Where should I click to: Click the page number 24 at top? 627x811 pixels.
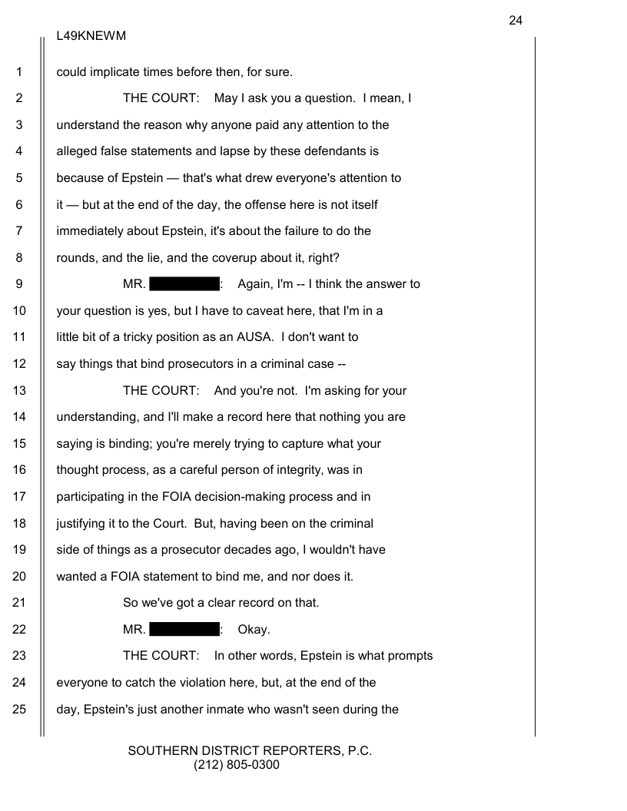[515, 21]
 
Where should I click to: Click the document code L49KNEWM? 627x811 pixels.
[91, 36]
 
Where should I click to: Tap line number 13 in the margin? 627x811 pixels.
[20, 390]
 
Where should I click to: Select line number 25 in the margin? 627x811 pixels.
[20, 709]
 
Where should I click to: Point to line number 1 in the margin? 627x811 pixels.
[20, 72]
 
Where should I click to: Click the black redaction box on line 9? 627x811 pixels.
[184, 284]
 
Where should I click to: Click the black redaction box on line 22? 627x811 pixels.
[184, 630]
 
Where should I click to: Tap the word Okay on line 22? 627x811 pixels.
[254, 630]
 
